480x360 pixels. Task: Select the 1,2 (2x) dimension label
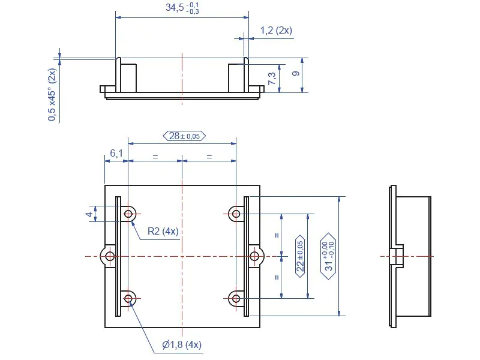(276, 30)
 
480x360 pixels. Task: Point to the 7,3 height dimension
(272, 79)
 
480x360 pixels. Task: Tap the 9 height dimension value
(295, 74)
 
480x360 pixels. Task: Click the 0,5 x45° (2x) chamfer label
(52, 95)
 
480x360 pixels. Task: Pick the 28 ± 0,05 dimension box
(184, 136)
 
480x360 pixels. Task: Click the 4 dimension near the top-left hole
(89, 214)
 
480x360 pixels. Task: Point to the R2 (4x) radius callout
(163, 231)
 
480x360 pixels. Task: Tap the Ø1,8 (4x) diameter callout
(182, 344)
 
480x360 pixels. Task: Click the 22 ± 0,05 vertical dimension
(300, 256)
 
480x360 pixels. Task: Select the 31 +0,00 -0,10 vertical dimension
(328, 256)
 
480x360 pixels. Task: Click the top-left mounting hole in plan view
(128, 214)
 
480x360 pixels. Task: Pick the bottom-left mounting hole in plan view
(128, 298)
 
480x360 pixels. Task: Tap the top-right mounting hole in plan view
(236, 214)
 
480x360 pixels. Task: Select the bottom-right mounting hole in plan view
(236, 298)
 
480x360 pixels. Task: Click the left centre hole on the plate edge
(110, 256)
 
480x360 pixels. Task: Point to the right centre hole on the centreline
(254, 256)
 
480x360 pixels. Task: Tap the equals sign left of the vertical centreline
(155, 157)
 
